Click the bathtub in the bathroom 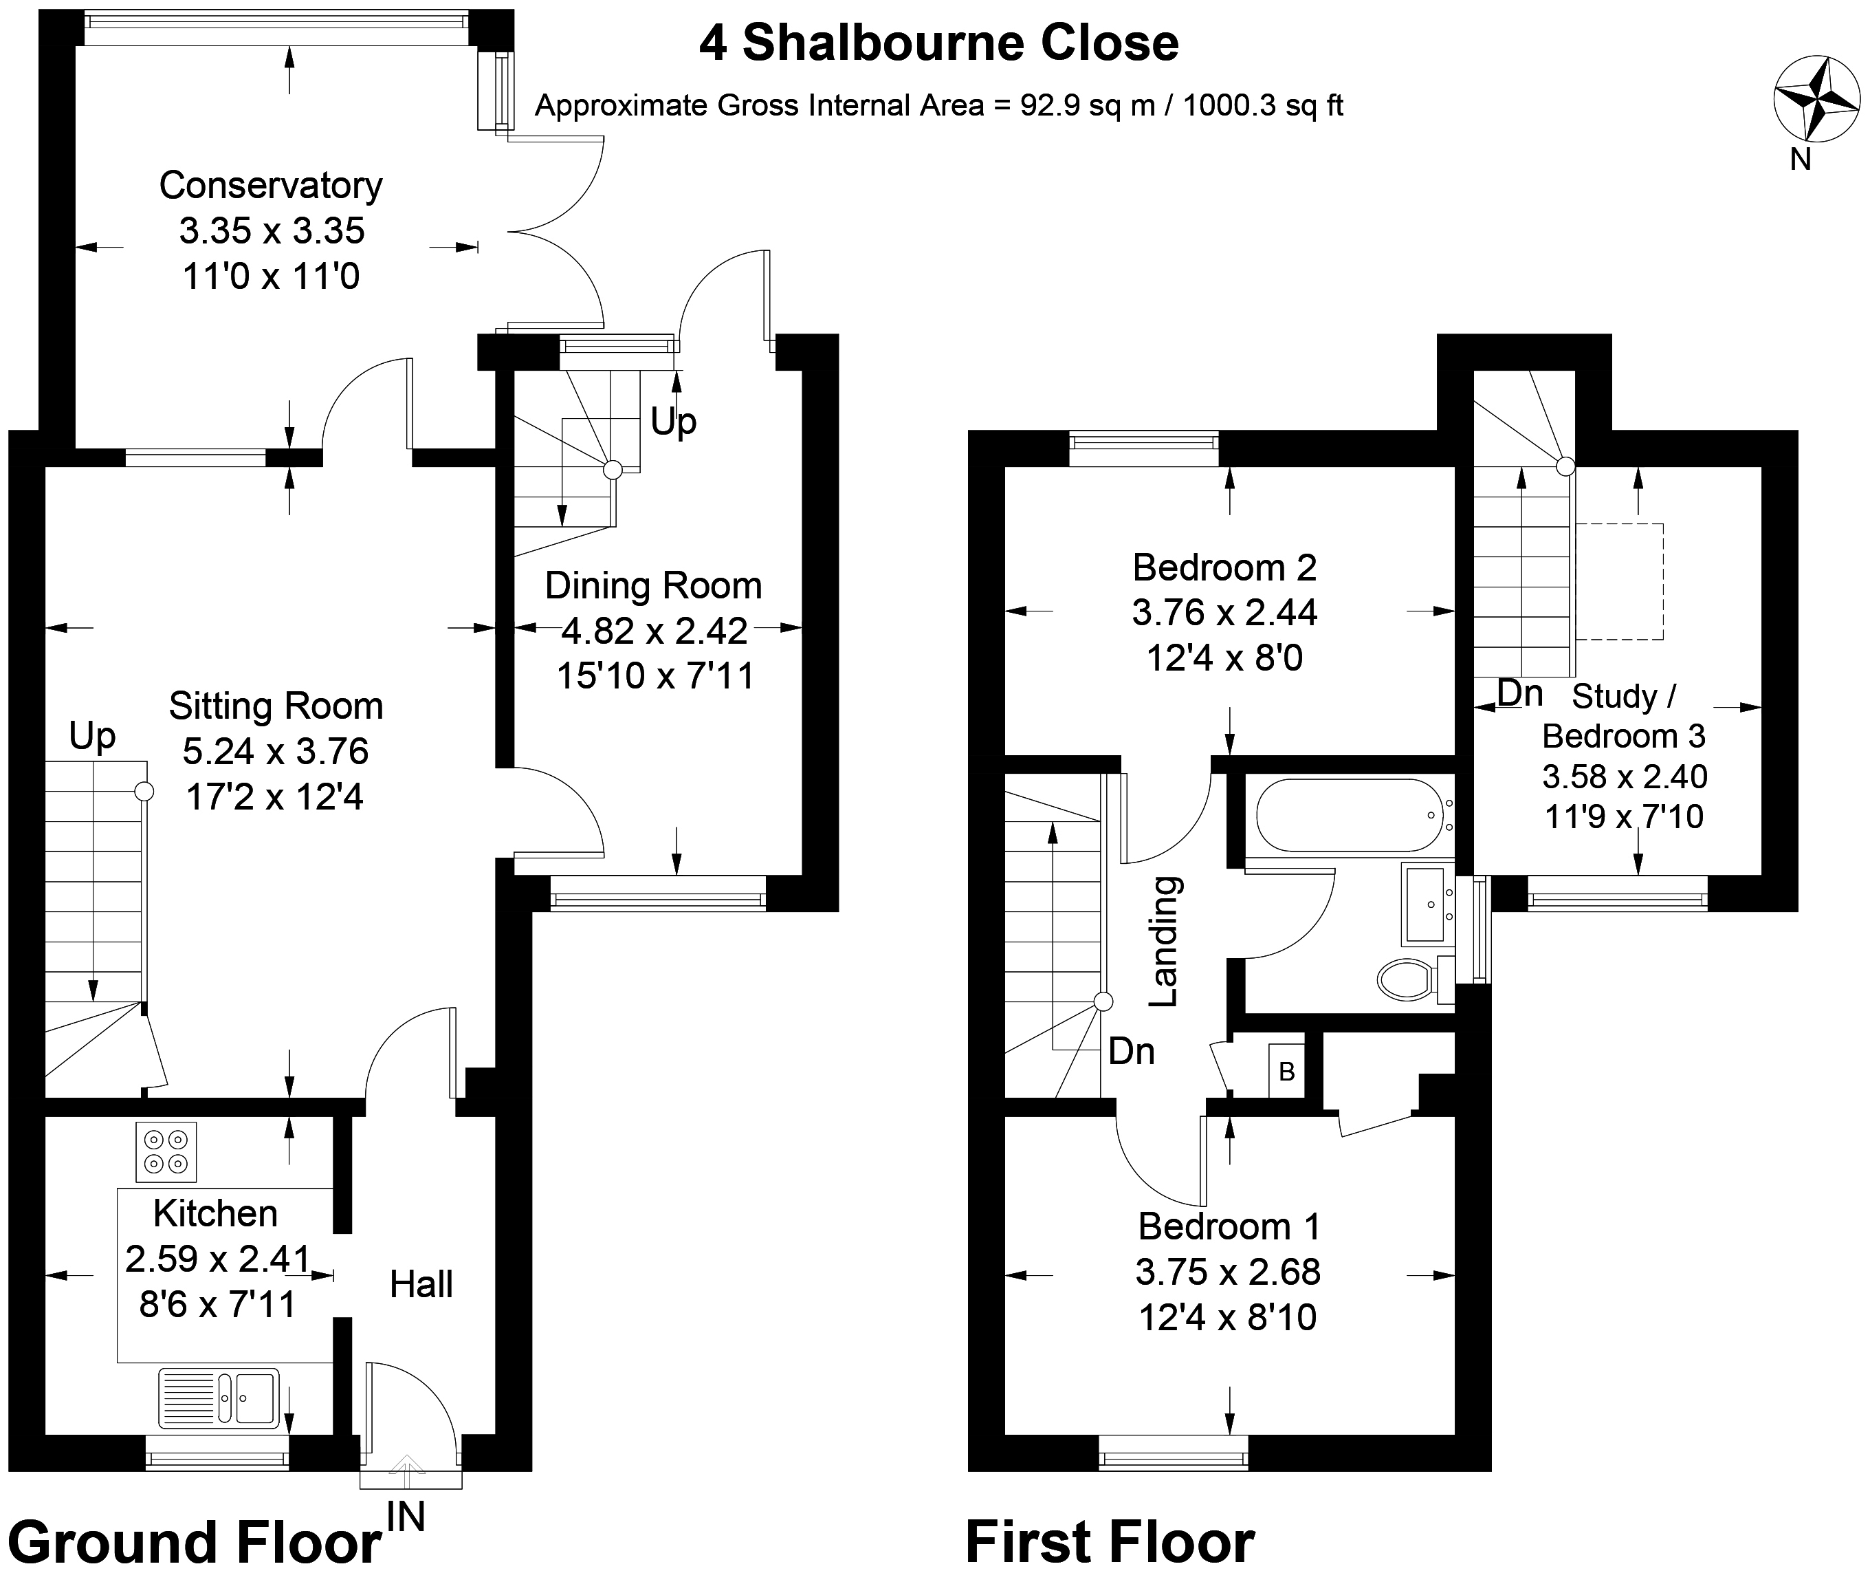(x=1347, y=815)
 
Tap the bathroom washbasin (x=1427, y=904)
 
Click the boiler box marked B (x=1286, y=1070)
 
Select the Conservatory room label (x=270, y=186)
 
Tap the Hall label (x=420, y=1284)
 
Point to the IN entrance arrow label (x=406, y=1517)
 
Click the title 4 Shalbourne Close (x=938, y=43)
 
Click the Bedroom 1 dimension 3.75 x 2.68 (x=1227, y=1272)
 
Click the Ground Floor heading (x=194, y=1543)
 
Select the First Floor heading (x=1110, y=1543)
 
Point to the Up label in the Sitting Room (x=92, y=737)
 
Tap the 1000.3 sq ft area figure (x=1262, y=106)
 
